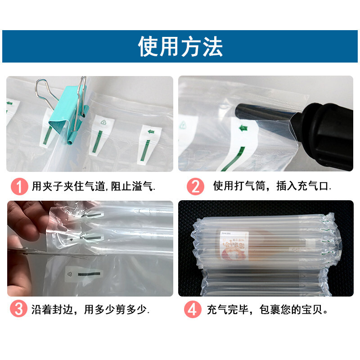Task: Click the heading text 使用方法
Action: click(x=180, y=46)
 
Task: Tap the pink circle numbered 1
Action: click(x=19, y=186)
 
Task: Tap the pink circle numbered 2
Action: click(x=195, y=186)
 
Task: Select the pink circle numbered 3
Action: click(x=19, y=310)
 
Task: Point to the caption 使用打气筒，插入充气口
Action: click(x=272, y=186)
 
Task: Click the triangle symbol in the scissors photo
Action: click(x=70, y=273)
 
